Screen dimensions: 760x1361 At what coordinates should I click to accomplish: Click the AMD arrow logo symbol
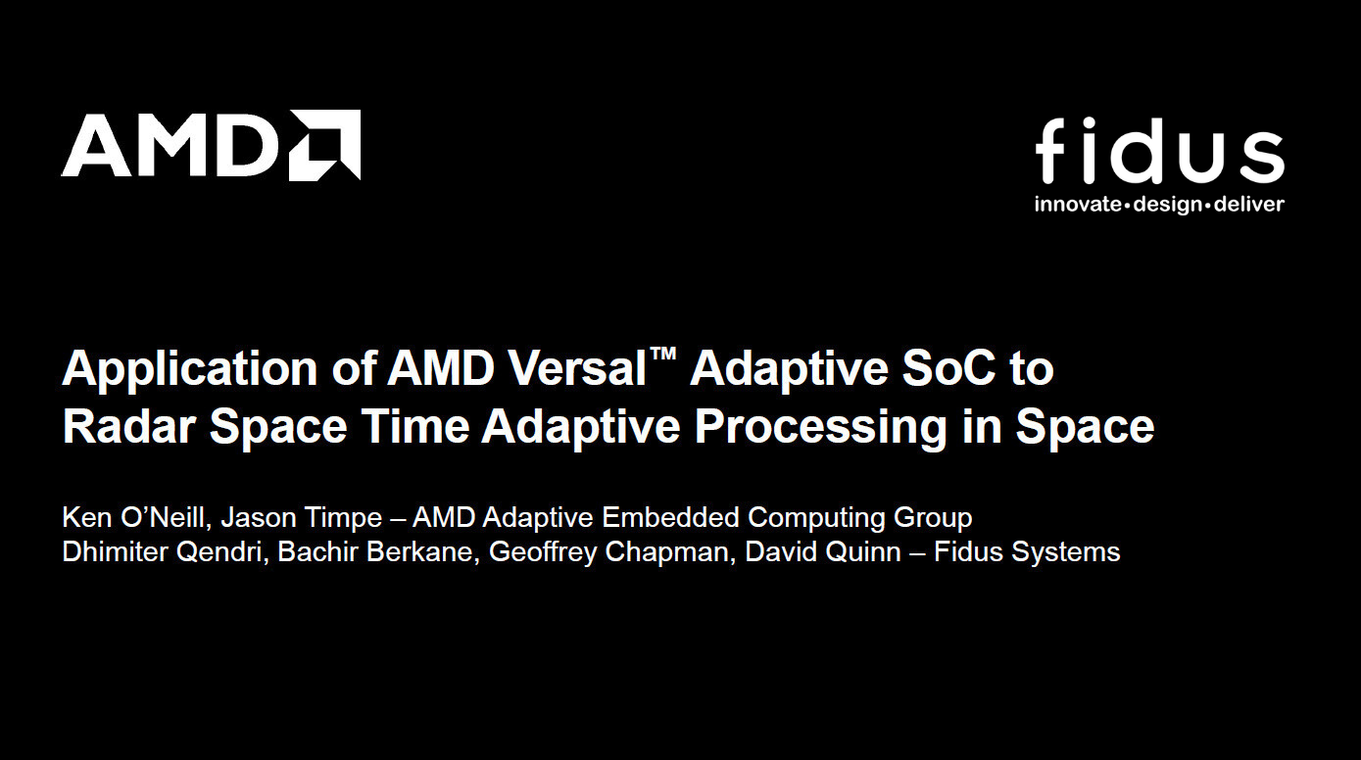[325, 145]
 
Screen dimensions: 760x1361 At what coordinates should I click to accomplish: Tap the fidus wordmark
[1159, 152]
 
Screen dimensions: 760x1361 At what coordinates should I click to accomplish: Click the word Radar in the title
[128, 426]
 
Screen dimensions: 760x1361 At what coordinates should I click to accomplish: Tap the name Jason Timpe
[296, 517]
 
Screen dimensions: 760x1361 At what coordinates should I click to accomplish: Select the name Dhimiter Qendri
[163, 551]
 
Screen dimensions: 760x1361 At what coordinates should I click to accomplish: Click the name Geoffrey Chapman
[608, 551]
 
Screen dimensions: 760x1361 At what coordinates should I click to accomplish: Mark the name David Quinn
[822, 551]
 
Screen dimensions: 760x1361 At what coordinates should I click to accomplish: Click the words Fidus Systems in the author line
[1026, 551]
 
